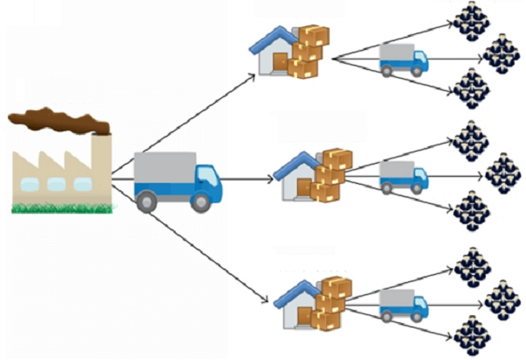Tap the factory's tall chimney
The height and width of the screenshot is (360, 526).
click(x=101, y=158)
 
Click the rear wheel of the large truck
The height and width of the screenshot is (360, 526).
click(x=147, y=201)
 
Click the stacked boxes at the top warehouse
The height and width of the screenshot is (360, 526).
click(x=310, y=50)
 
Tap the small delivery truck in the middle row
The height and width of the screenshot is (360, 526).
click(x=403, y=178)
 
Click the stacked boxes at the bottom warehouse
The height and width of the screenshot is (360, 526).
click(x=333, y=302)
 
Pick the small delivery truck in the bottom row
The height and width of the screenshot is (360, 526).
click(x=403, y=305)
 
